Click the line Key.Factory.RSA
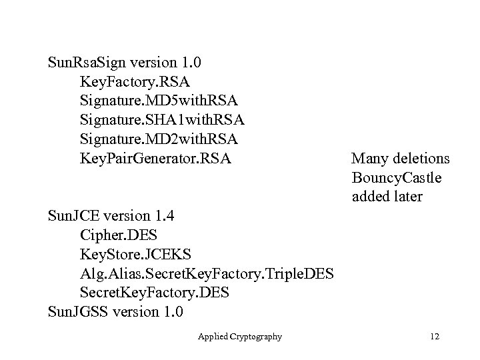134,82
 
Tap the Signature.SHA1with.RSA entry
162,121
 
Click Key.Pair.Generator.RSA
155,159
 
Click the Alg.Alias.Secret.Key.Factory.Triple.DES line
207,274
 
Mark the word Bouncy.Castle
397,179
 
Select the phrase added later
387,197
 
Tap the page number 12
437,337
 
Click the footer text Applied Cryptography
240,337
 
